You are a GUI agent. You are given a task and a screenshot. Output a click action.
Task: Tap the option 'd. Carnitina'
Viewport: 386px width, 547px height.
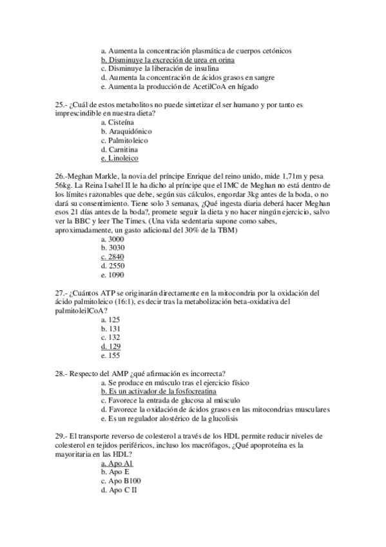(x=119, y=149)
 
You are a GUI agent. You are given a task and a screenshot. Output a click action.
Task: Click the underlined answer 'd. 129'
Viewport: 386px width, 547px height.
(x=111, y=346)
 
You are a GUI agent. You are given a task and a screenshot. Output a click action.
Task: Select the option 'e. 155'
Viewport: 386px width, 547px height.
(x=111, y=355)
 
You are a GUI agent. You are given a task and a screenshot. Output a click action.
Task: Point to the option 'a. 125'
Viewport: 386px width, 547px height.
(x=111, y=319)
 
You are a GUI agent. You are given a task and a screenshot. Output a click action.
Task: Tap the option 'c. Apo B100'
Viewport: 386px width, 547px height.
(x=121, y=481)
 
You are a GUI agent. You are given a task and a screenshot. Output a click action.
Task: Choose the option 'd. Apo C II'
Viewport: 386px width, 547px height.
(x=119, y=490)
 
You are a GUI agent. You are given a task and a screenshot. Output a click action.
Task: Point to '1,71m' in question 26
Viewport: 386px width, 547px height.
(x=293, y=176)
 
